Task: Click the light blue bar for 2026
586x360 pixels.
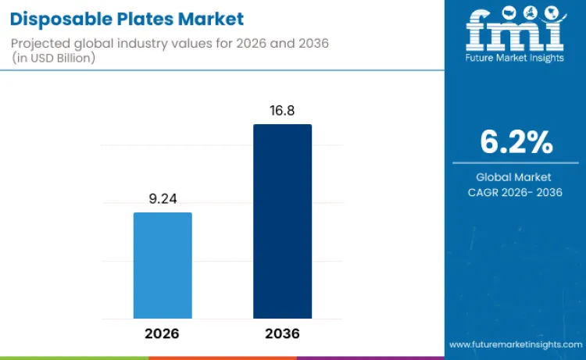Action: (x=163, y=266)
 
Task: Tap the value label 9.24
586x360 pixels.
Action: (x=163, y=199)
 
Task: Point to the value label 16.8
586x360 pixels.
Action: (x=282, y=111)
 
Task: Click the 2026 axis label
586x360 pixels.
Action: (x=163, y=333)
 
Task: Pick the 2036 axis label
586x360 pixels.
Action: (x=282, y=333)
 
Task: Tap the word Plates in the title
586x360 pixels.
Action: (x=141, y=18)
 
